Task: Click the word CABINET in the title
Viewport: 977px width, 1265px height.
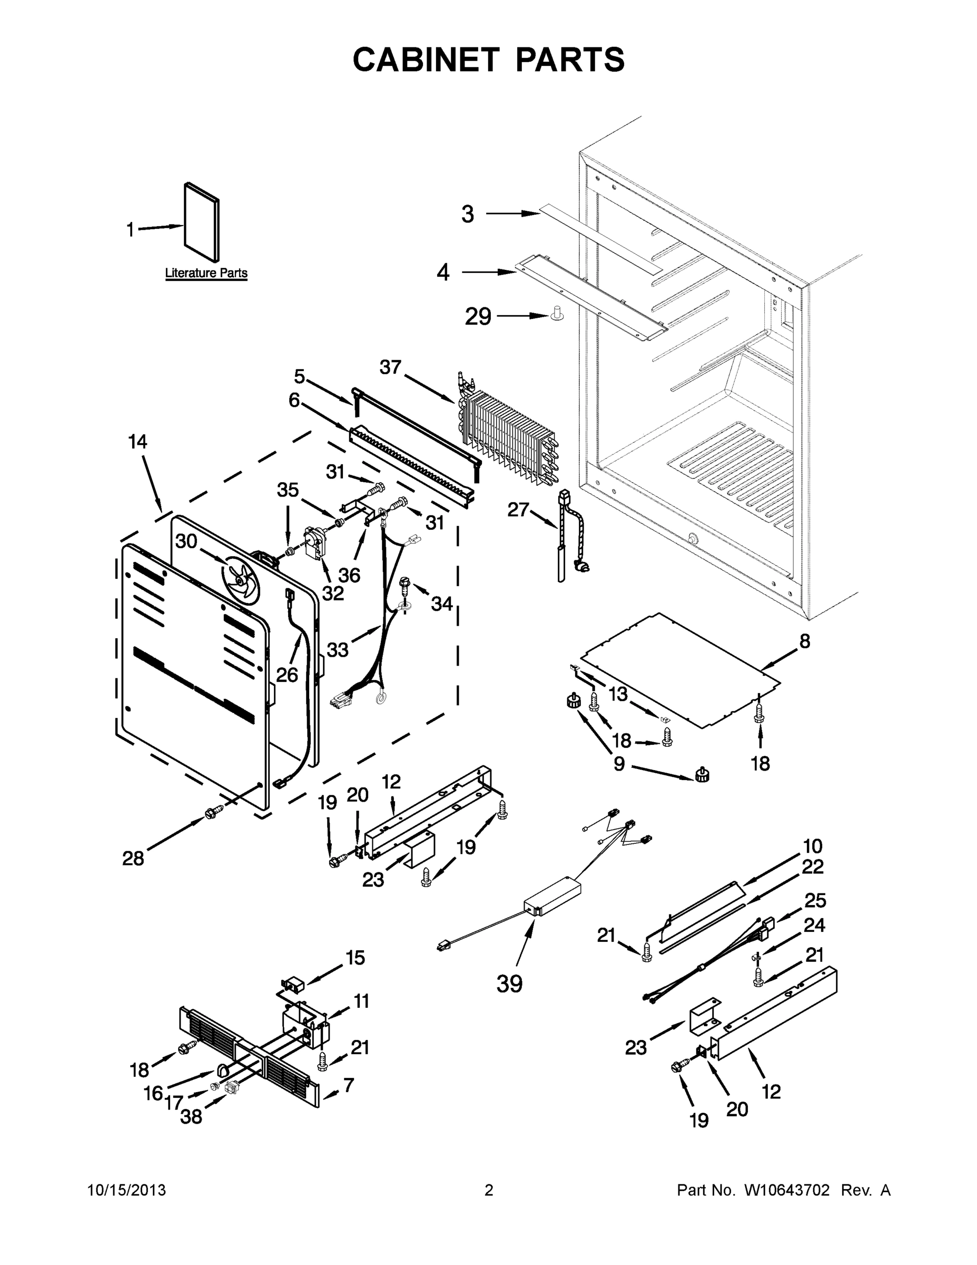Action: click(426, 59)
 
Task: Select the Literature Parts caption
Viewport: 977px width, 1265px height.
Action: click(206, 273)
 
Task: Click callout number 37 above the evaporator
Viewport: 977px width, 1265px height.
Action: click(391, 367)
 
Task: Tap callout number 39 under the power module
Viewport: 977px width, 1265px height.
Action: click(509, 984)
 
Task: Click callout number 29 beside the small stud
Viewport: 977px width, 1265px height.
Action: click(478, 317)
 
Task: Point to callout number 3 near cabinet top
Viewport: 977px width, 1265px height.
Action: click(468, 215)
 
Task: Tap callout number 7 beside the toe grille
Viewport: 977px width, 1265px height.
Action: click(349, 1085)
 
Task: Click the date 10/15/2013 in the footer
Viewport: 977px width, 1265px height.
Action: click(126, 1190)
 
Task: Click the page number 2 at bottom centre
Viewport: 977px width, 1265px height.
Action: click(489, 1190)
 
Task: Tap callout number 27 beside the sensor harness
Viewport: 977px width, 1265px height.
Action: click(518, 510)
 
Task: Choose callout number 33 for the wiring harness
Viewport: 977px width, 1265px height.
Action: click(338, 649)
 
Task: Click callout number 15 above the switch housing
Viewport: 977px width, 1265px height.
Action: click(356, 958)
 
